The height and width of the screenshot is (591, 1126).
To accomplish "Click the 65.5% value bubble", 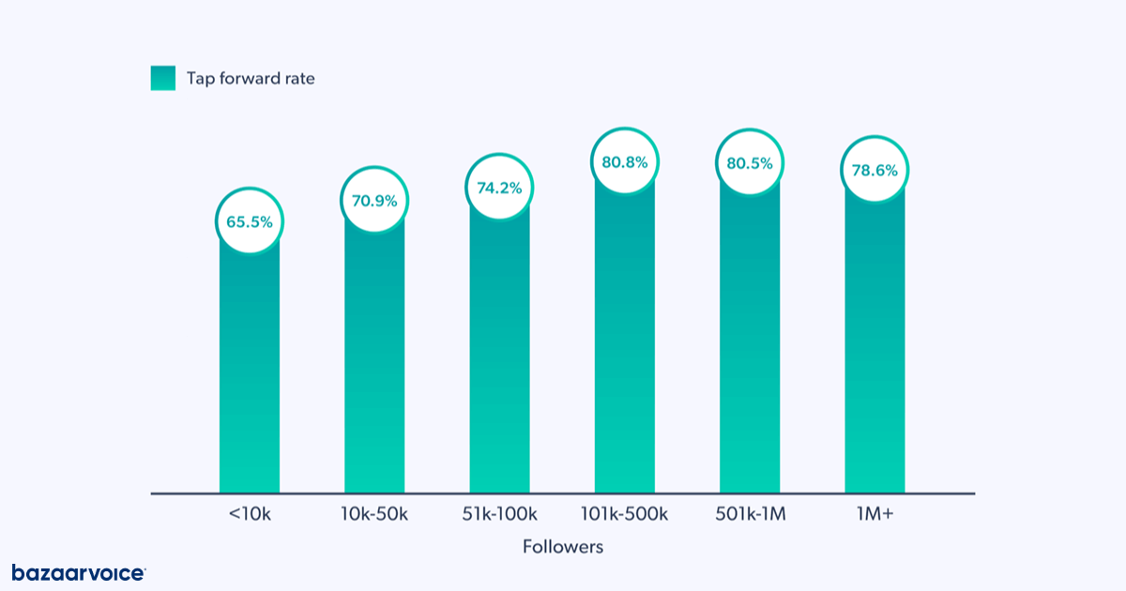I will [250, 222].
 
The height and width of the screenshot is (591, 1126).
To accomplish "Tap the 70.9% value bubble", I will [374, 200].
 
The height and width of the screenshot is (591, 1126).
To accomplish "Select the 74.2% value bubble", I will [499, 187].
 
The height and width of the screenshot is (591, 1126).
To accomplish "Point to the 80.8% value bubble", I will [625, 161].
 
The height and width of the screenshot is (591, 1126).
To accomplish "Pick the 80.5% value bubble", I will [750, 162].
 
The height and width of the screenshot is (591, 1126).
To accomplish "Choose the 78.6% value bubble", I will [875, 171].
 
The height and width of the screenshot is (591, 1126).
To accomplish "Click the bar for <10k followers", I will [250, 375].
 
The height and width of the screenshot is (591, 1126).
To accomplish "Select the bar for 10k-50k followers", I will [374, 366].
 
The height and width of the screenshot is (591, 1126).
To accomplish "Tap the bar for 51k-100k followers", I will [499, 356].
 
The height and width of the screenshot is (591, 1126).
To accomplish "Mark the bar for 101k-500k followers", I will [625, 347].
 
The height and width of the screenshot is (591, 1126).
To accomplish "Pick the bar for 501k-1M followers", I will [750, 347].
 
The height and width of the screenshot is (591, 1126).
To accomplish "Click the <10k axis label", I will [250, 514].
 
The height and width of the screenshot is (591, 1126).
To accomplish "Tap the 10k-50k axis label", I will [374, 514].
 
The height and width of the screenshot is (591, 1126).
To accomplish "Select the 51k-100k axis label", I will [499, 514].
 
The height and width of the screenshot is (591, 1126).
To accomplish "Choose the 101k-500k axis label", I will [625, 514].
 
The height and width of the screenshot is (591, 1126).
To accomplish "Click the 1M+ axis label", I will [875, 514].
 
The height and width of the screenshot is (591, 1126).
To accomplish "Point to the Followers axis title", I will [563, 546].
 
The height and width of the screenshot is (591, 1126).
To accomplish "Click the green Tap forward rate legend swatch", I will [162, 79].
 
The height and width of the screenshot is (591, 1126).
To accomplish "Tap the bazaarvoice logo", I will [78, 572].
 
